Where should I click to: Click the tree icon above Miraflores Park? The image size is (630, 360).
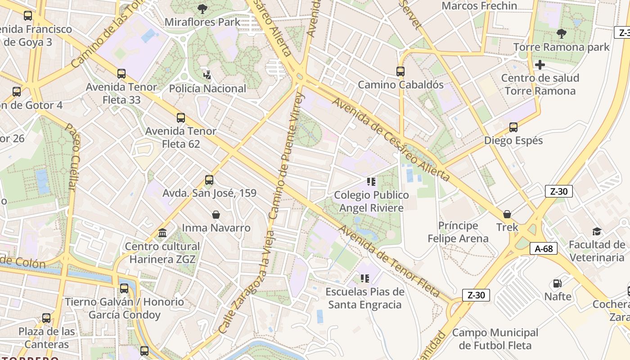click(202, 9)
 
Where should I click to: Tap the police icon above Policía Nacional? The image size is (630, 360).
click(207, 75)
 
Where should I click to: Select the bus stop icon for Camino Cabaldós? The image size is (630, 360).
click(400, 71)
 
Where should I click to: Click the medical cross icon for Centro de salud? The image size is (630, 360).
click(540, 65)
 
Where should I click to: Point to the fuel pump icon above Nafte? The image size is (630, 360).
click(557, 283)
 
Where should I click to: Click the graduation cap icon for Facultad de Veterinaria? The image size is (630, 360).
click(597, 232)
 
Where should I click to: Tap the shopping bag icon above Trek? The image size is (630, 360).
click(507, 214)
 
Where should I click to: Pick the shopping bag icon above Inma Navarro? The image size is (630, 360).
click(216, 215)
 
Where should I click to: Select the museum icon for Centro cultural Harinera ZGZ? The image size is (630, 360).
click(162, 233)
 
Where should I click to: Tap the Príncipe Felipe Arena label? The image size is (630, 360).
click(458, 232)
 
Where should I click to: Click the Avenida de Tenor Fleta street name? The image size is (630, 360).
click(389, 261)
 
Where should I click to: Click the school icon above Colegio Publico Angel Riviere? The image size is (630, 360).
click(371, 182)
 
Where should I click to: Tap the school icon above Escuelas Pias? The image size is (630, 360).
click(364, 279)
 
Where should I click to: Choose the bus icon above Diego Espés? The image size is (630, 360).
click(513, 127)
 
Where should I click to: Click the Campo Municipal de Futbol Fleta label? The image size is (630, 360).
click(495, 339)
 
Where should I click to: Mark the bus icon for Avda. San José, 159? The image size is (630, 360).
click(209, 180)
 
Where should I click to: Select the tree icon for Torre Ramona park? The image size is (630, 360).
click(561, 33)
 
